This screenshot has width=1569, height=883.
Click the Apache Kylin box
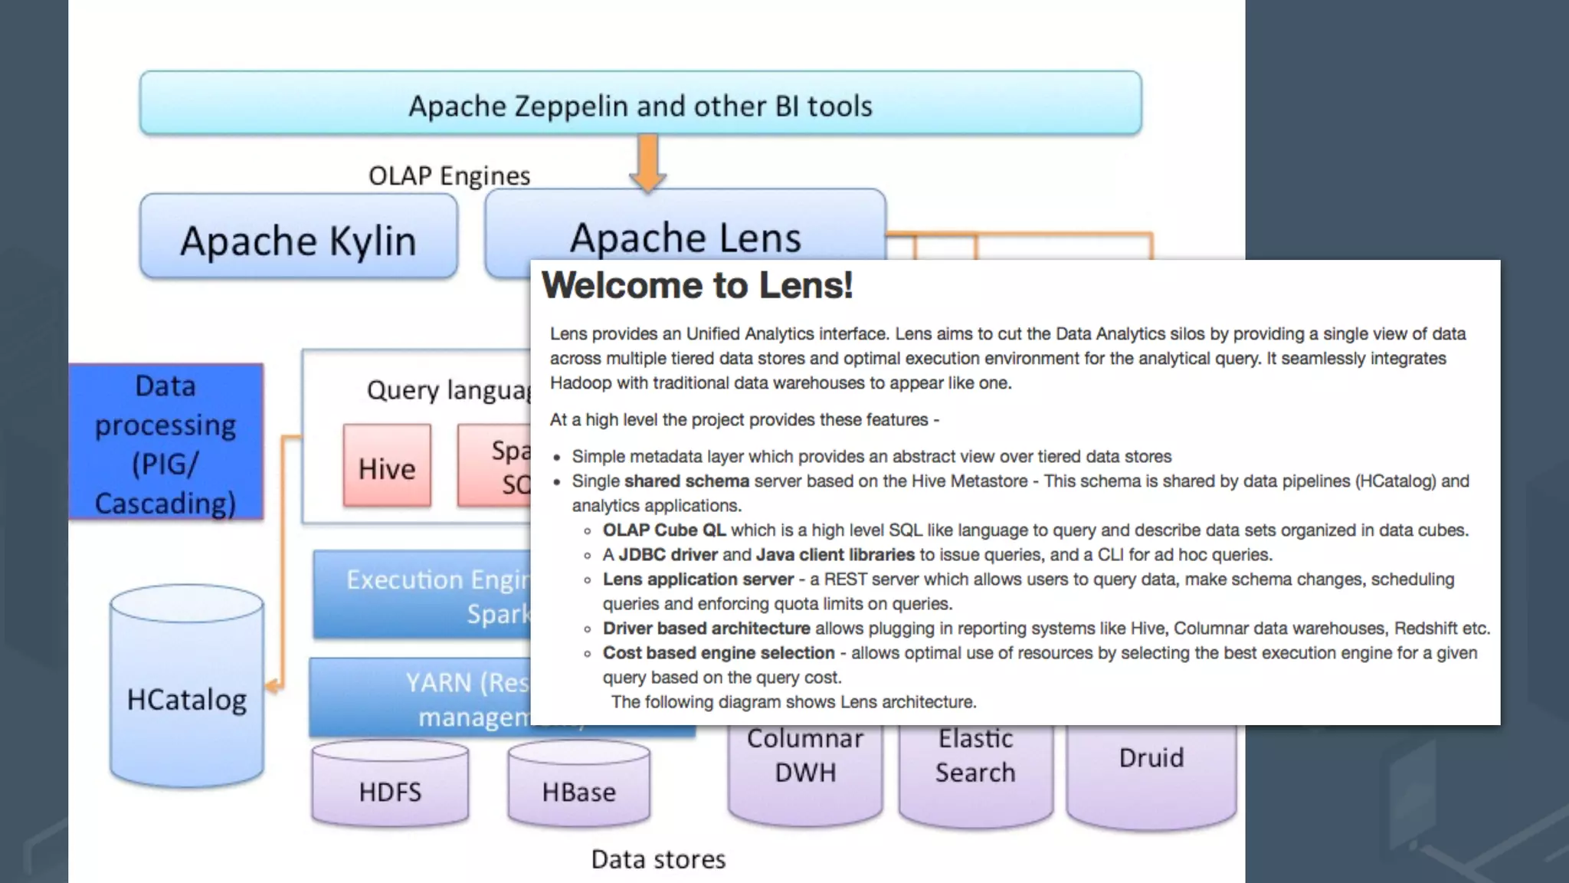coord(298,237)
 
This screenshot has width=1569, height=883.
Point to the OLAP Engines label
coord(449,176)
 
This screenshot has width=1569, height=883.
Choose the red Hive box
coord(387,466)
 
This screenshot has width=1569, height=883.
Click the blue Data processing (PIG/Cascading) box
coord(165,443)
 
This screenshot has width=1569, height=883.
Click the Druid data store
coord(1151,770)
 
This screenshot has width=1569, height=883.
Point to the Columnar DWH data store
coord(805,766)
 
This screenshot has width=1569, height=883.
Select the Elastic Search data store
coord(975,766)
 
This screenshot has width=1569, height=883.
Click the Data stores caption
coord(658,859)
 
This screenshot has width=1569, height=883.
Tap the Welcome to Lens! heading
coord(697,285)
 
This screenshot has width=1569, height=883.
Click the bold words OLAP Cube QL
coord(663,530)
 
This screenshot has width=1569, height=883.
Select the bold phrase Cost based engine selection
coord(718,653)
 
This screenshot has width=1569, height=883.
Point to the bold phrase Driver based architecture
coord(706,629)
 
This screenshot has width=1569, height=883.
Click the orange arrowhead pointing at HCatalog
coord(273,686)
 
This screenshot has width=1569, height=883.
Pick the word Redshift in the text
coord(1426,629)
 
